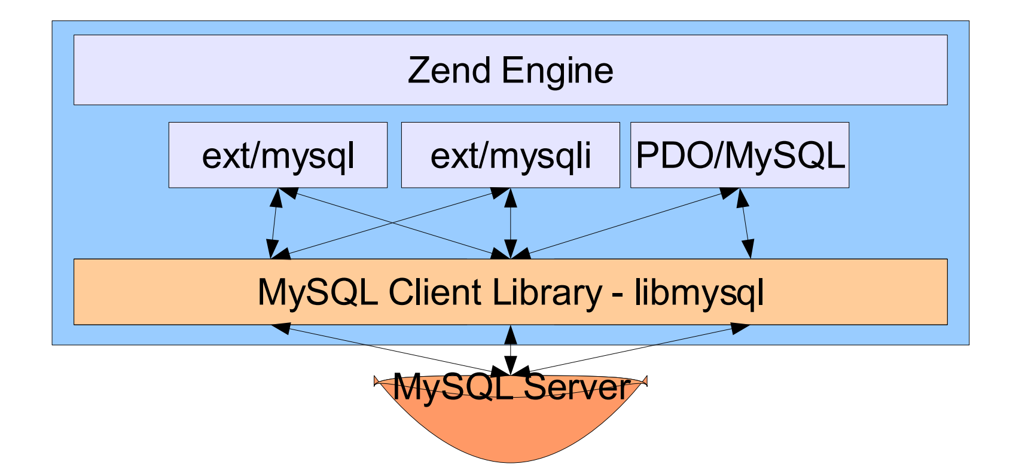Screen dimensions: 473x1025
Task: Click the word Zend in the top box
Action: pos(449,71)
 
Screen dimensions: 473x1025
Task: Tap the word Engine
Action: pos(557,71)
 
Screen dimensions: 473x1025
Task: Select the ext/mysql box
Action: pos(278,155)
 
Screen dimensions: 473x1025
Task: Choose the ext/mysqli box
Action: pos(510,155)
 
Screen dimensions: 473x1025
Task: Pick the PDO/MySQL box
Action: pos(740,155)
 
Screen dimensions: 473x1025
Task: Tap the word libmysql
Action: pos(698,292)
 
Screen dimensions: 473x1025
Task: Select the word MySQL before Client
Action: pos(318,292)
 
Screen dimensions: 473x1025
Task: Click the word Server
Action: pos(576,387)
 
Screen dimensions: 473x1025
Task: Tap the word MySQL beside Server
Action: pos(453,387)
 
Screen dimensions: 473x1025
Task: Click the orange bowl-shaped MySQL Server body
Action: pos(511,431)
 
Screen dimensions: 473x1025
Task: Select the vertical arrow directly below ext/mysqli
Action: pos(511,223)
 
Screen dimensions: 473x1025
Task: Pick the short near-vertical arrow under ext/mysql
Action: pos(274,223)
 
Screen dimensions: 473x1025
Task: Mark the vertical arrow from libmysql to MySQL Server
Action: pos(510,350)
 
